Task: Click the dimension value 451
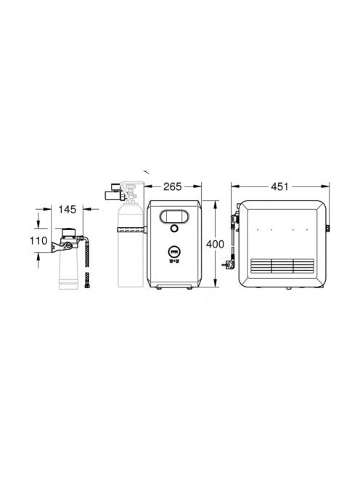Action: pos(279,187)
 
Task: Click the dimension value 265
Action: pos(173,187)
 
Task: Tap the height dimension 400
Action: pos(215,244)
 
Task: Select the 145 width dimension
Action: pos(67,209)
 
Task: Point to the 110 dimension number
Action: pos(38,241)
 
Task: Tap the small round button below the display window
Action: pos(174,229)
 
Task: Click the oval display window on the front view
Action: pos(173,216)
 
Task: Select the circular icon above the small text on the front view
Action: pos(174,252)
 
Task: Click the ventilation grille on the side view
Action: pos(282,266)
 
